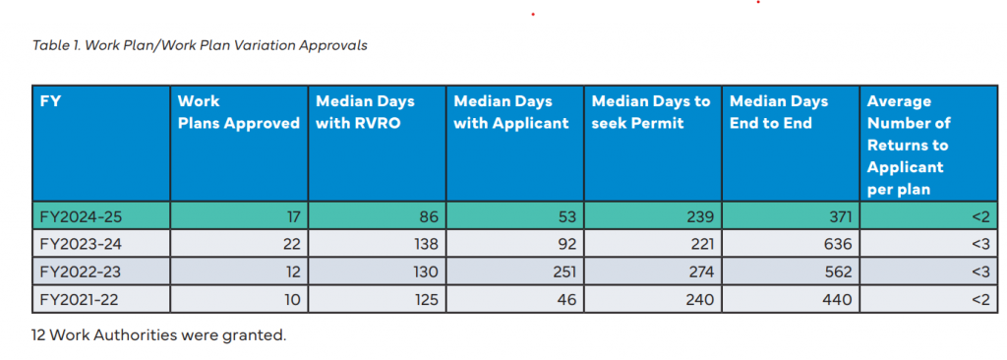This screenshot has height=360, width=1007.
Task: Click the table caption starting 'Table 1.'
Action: pyautogui.click(x=200, y=45)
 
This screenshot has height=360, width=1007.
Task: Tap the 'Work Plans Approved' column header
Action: pyautogui.click(x=238, y=112)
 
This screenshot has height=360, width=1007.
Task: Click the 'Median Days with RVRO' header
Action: pyautogui.click(x=365, y=112)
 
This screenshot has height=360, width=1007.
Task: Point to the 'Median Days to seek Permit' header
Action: pyautogui.click(x=651, y=112)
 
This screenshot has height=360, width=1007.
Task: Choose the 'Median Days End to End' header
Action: pyautogui.click(x=779, y=112)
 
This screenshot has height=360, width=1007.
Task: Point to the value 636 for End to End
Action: pyautogui.click(x=839, y=245)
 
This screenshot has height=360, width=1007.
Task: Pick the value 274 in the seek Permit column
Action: pyautogui.click(x=701, y=272)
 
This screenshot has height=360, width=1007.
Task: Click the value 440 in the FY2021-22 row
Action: pyautogui.click(x=839, y=300)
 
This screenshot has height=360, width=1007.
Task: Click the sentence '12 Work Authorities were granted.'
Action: pyautogui.click(x=158, y=335)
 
